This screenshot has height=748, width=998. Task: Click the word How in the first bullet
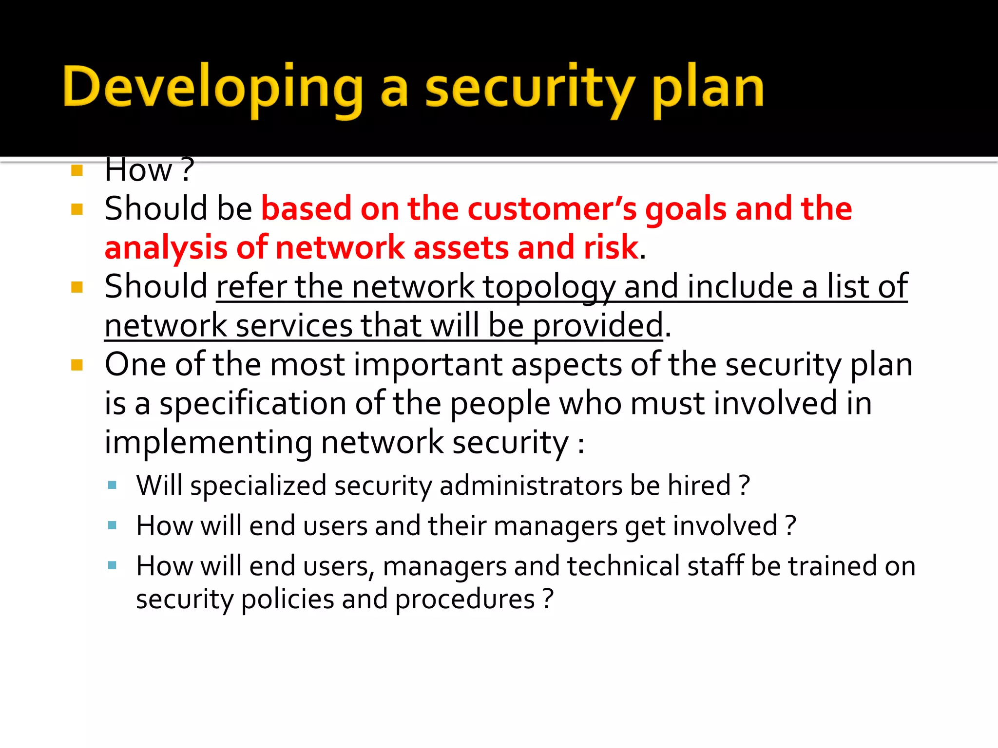(138, 170)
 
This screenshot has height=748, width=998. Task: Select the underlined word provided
(598, 326)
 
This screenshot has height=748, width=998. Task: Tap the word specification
(252, 404)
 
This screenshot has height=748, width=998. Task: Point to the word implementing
(208, 443)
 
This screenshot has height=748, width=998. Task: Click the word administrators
(530, 486)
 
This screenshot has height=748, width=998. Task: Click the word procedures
(465, 599)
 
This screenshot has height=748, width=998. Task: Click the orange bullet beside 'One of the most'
(77, 365)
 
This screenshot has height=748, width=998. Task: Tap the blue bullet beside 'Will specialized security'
(113, 485)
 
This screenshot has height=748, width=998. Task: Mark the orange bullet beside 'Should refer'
(77, 287)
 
